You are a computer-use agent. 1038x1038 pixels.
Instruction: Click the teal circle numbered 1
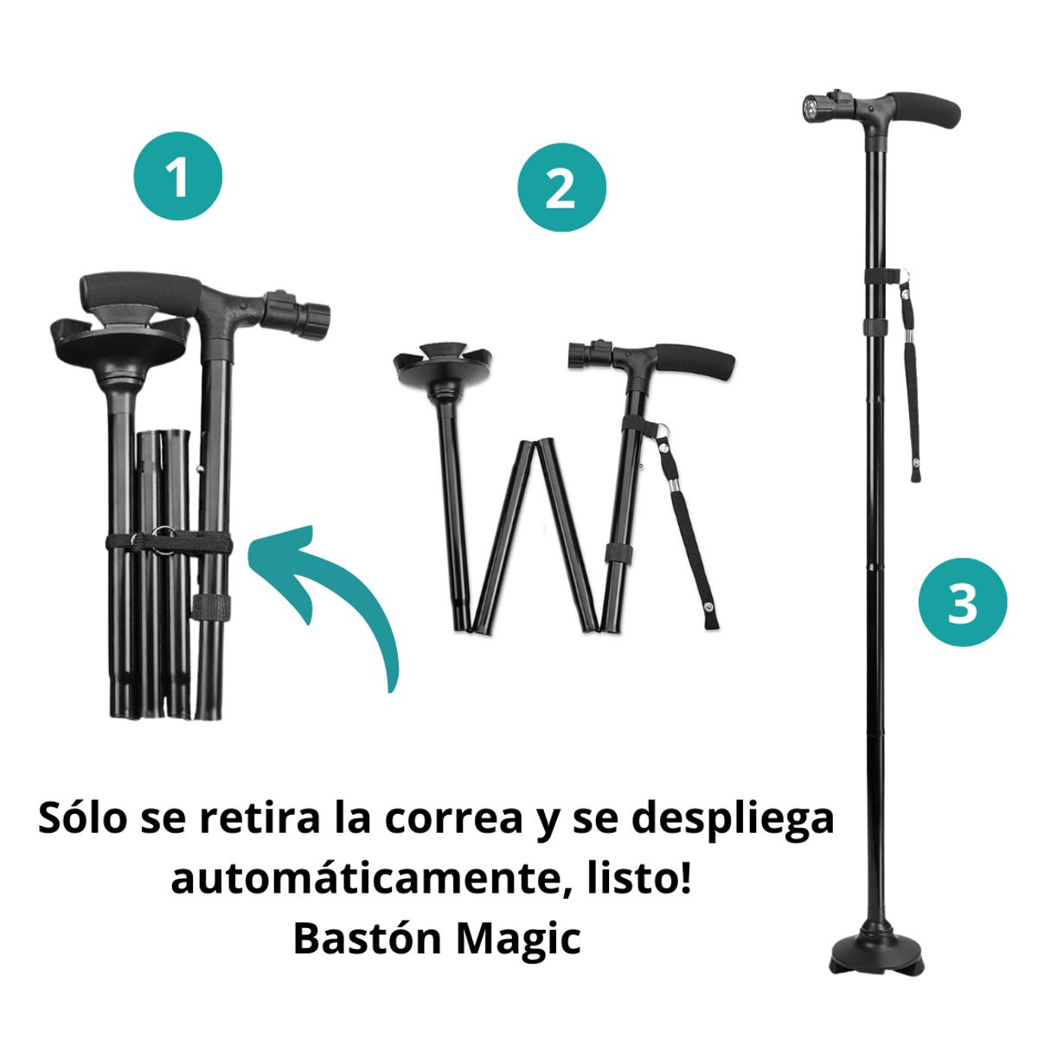177,176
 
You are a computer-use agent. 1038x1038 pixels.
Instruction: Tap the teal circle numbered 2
561,188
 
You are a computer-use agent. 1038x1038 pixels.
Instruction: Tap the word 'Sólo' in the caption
80,819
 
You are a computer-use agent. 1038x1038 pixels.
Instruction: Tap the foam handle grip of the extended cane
926,110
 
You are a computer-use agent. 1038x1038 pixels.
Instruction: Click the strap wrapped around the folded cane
169,544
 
